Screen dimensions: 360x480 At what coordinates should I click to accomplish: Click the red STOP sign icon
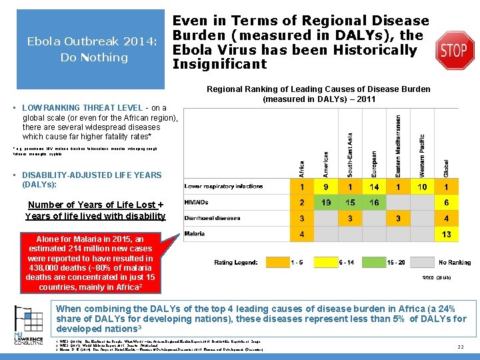(455, 50)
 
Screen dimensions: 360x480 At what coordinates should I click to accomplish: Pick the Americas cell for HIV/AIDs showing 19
(325, 203)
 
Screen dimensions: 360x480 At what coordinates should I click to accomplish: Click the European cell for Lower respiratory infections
(374, 187)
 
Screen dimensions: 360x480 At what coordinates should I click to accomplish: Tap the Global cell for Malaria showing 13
(446, 234)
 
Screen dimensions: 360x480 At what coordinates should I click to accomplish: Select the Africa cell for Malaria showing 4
(301, 234)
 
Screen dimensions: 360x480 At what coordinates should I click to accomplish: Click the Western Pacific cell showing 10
(422, 187)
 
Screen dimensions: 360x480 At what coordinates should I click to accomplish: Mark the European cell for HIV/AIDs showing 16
(374, 203)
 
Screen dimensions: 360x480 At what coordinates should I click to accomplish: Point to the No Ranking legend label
(455, 262)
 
